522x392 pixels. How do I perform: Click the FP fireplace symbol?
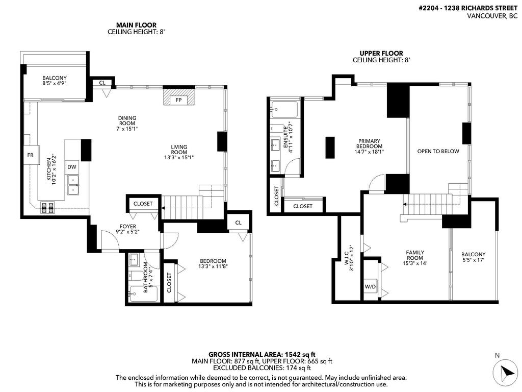(x=178, y=100)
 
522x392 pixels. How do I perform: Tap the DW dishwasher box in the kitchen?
(x=72, y=167)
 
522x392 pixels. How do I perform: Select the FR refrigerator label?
(x=30, y=155)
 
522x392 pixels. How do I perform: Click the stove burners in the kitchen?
(x=47, y=207)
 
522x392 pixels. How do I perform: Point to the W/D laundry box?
(x=370, y=286)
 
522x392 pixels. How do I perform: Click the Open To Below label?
(x=438, y=151)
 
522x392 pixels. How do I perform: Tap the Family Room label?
(x=415, y=255)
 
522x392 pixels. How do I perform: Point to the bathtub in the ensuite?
(x=285, y=109)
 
